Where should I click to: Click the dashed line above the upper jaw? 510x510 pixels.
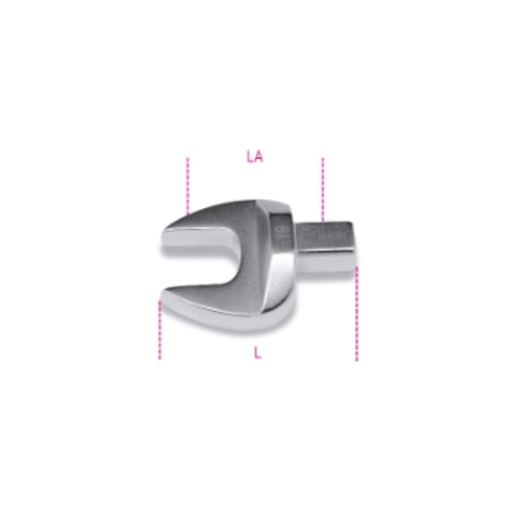(188, 185)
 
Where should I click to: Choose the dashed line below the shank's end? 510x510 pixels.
(357, 312)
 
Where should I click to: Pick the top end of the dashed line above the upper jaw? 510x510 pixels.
(188, 159)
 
